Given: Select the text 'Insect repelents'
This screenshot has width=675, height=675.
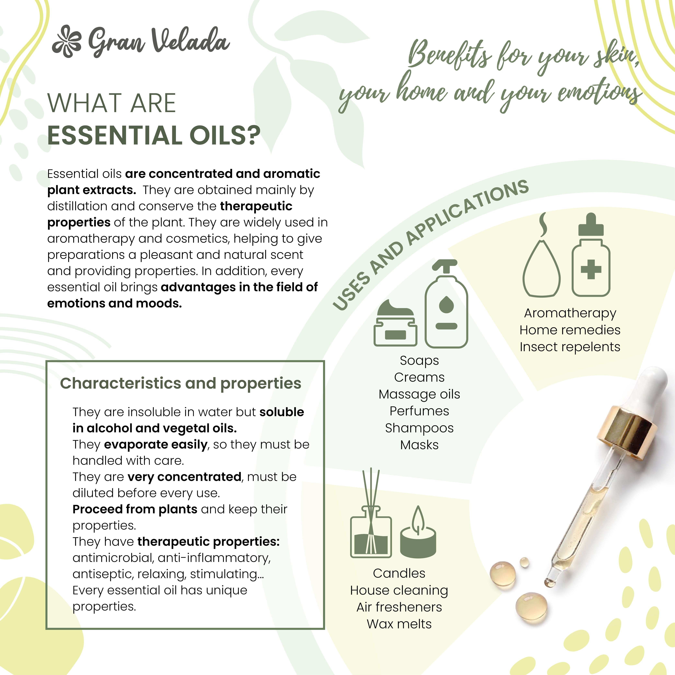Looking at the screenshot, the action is click(x=570, y=347).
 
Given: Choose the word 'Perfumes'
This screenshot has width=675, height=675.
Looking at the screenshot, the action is click(x=419, y=411).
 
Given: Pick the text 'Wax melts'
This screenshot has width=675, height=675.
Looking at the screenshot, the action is click(x=399, y=624).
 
